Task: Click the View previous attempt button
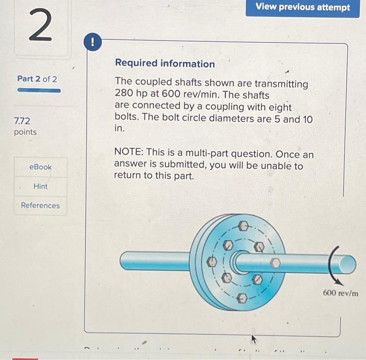point(303,7)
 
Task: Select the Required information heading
point(165,64)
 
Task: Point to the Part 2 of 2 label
point(37,79)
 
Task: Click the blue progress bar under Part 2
point(39,90)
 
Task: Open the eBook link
point(40,167)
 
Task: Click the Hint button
point(40,186)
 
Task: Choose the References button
point(40,205)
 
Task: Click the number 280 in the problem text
point(123,96)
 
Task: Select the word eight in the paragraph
point(279,107)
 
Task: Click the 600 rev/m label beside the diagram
point(340,293)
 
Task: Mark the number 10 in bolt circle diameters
point(307,119)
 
